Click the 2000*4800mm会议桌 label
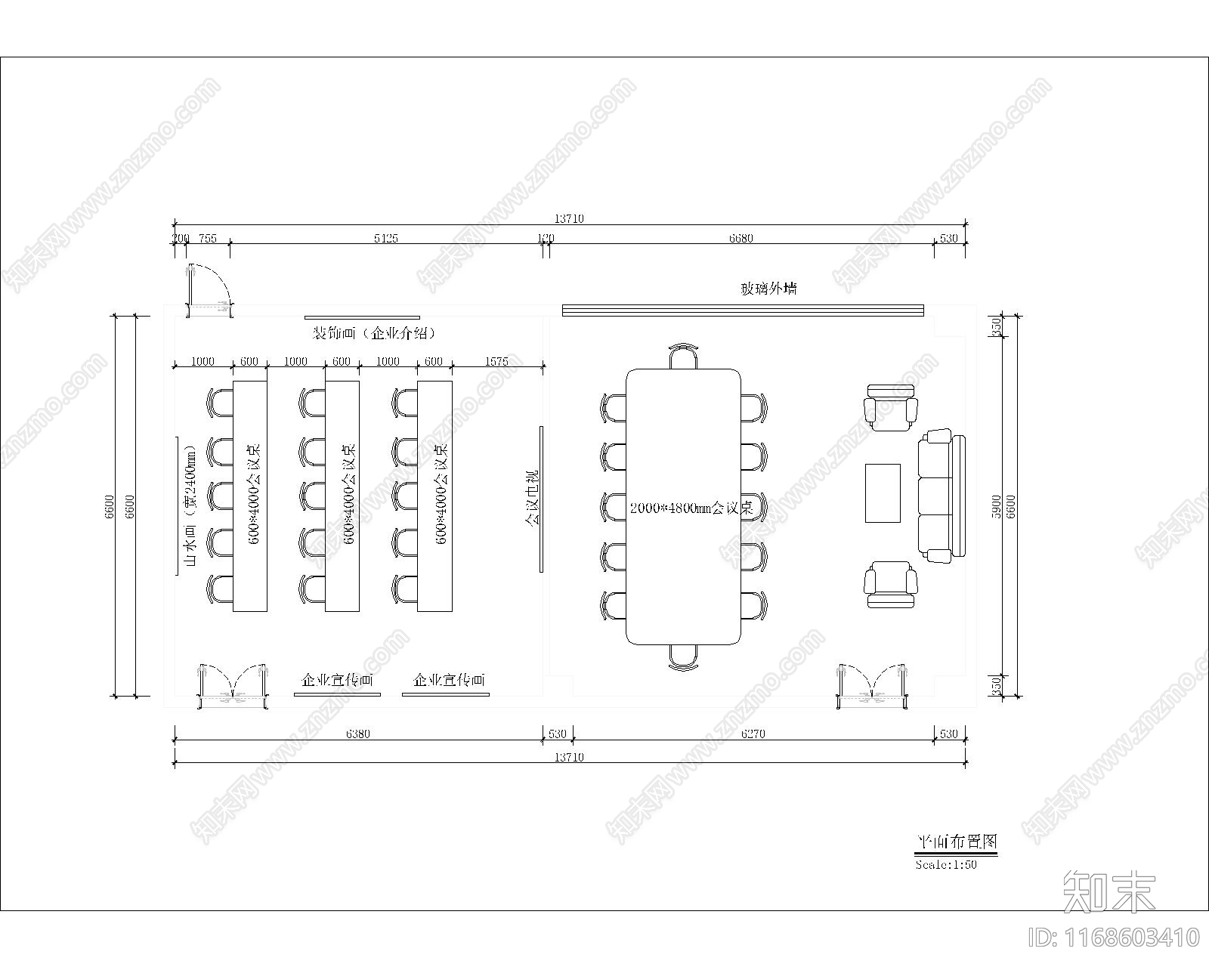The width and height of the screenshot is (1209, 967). (x=691, y=508)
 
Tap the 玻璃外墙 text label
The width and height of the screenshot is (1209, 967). (x=768, y=289)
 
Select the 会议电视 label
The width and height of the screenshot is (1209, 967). (x=533, y=499)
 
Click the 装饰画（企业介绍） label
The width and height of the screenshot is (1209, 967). (x=375, y=333)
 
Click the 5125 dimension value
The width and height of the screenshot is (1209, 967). (x=385, y=239)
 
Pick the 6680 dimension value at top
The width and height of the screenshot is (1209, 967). (x=741, y=239)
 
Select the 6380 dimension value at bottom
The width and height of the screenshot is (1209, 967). (x=357, y=734)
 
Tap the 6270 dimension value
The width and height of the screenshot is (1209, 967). (x=753, y=734)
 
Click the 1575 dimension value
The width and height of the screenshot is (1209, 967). (x=496, y=362)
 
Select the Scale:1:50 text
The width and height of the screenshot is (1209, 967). (x=946, y=865)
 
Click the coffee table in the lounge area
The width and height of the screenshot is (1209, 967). (x=883, y=493)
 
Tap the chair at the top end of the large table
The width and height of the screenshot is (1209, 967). (x=683, y=357)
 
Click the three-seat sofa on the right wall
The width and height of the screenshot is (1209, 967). (x=942, y=496)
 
